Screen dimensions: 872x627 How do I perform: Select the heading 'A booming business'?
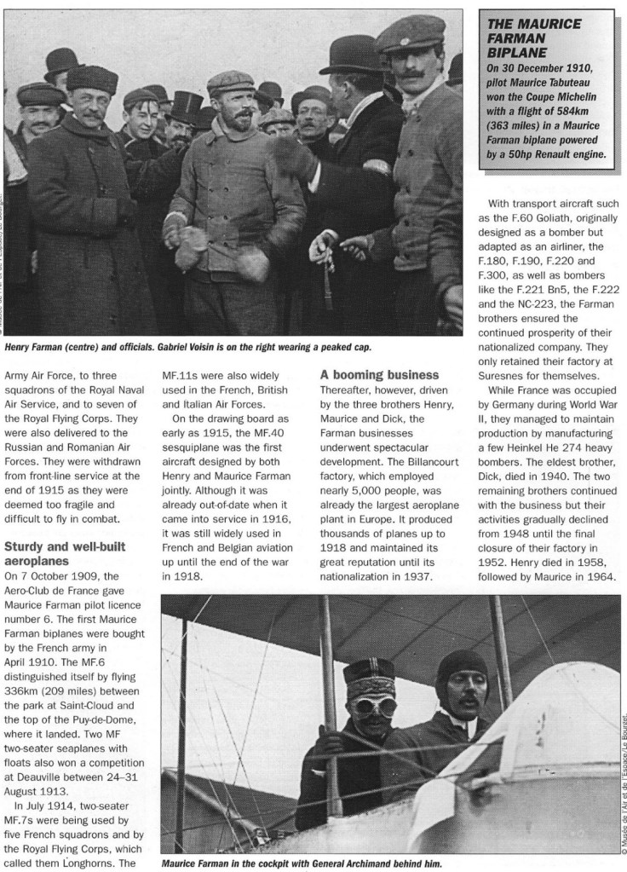(380, 374)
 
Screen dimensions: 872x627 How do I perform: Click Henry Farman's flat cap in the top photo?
(230, 83)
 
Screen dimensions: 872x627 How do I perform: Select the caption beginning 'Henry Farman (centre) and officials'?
(187, 348)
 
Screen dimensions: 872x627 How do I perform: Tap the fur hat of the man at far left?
(91, 79)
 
